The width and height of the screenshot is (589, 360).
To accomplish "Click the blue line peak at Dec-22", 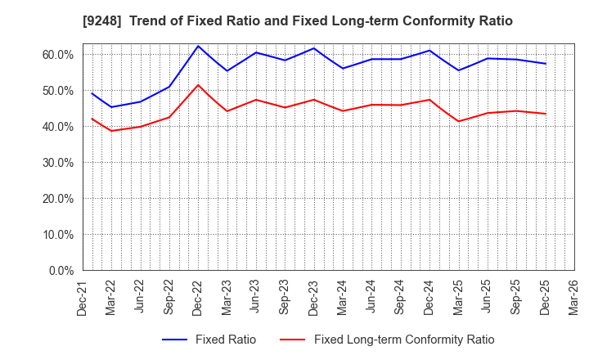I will coord(198,46).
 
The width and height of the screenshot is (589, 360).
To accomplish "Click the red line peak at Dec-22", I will coord(198,85).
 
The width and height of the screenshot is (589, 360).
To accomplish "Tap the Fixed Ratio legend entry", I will coord(209,340).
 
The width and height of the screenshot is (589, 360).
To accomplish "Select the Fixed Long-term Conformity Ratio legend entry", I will coord(387,340).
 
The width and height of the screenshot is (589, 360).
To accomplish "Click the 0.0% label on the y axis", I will coord(61,270).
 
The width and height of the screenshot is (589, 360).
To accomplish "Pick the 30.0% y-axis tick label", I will coord(57,162).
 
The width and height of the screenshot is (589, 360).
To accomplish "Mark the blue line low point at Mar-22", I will coord(111,107).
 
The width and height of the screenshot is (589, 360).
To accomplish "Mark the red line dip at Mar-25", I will coord(458,121).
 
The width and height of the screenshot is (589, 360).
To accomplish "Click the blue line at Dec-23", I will coord(313,48).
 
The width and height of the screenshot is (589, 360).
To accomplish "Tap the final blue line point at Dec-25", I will coord(546,64).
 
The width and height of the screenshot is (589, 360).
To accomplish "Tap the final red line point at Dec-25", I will coord(546,114).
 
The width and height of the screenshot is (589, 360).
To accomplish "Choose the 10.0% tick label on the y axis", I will coord(57,234).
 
